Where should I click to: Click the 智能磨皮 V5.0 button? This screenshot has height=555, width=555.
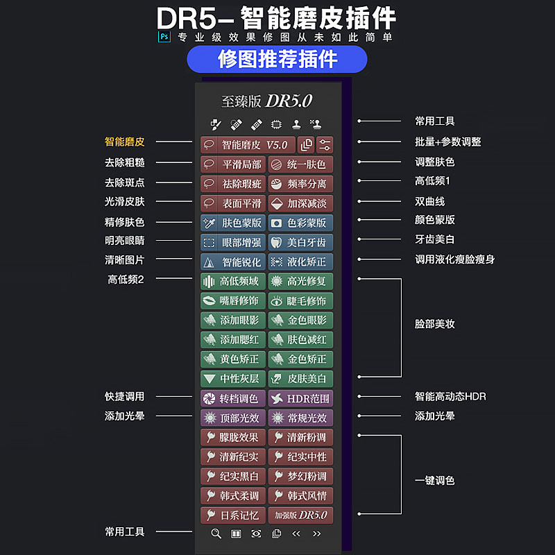[247, 145]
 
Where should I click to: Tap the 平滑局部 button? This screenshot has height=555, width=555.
[232, 164]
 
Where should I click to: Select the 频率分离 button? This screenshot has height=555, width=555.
[300, 184]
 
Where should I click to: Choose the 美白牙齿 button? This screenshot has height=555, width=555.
[300, 242]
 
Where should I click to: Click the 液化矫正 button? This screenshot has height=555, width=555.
[300, 262]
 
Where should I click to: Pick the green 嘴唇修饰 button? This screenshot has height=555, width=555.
[232, 300]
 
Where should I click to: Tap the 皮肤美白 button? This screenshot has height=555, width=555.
[300, 378]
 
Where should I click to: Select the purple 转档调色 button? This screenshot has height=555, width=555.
[232, 398]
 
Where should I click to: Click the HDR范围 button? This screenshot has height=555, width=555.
[300, 398]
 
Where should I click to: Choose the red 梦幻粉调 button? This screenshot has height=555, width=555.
[300, 476]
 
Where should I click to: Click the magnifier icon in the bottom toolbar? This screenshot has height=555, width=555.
[216, 533]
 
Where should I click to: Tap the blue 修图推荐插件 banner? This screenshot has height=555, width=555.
[277, 60]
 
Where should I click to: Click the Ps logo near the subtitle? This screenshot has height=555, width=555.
[164, 37]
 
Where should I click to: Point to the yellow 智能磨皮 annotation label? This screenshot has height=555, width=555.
[125, 142]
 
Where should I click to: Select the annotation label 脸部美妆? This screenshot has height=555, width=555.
[435, 324]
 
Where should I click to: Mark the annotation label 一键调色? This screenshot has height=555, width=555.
[435, 480]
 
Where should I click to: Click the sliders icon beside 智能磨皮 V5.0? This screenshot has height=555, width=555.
[325, 145]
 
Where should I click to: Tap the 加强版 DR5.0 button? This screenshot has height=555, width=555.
[300, 515]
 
